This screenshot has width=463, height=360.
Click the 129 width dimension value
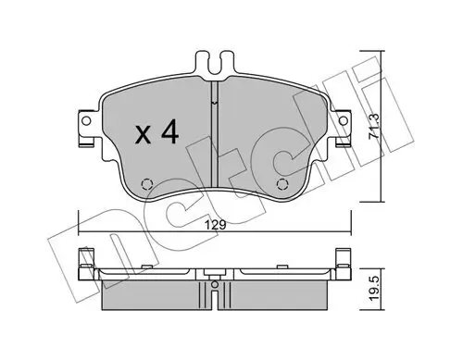[x=216, y=225]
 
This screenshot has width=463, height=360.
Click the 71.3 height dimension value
[x=374, y=126]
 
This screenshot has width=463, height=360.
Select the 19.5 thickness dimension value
[x=374, y=289]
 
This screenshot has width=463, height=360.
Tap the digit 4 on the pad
[x=169, y=131]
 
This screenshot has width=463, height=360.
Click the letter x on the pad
[x=143, y=136]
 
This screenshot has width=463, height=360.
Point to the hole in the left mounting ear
[x=86, y=120]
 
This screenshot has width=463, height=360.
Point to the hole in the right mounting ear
[x=343, y=120]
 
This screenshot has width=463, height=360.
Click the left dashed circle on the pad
[x=147, y=184]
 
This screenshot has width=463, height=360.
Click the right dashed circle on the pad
[x=282, y=184]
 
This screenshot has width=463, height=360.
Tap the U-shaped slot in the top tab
[x=215, y=65]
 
